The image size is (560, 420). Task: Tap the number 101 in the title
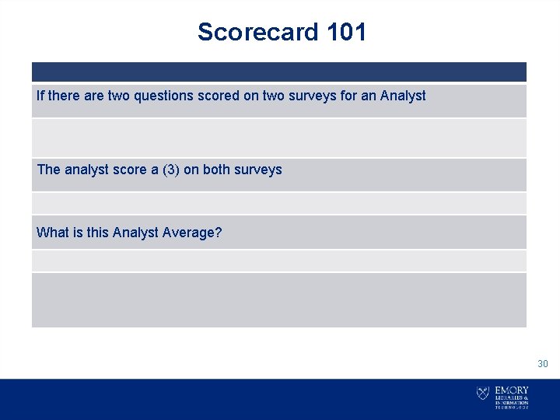tap(346, 32)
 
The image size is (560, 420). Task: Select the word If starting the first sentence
tap(40, 96)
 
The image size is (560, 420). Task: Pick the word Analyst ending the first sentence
tap(403, 96)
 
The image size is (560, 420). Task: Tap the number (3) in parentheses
tap(170, 170)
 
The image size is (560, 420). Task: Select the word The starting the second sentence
tap(48, 170)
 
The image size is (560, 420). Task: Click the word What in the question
tap(52, 233)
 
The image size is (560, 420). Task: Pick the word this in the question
tap(96, 233)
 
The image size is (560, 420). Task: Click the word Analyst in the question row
tap(135, 233)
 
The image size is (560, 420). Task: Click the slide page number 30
tap(542, 364)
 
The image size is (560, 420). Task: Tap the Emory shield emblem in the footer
tap(483, 394)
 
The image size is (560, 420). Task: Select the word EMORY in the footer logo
tap(512, 390)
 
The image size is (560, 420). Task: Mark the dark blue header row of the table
tap(278, 72)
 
